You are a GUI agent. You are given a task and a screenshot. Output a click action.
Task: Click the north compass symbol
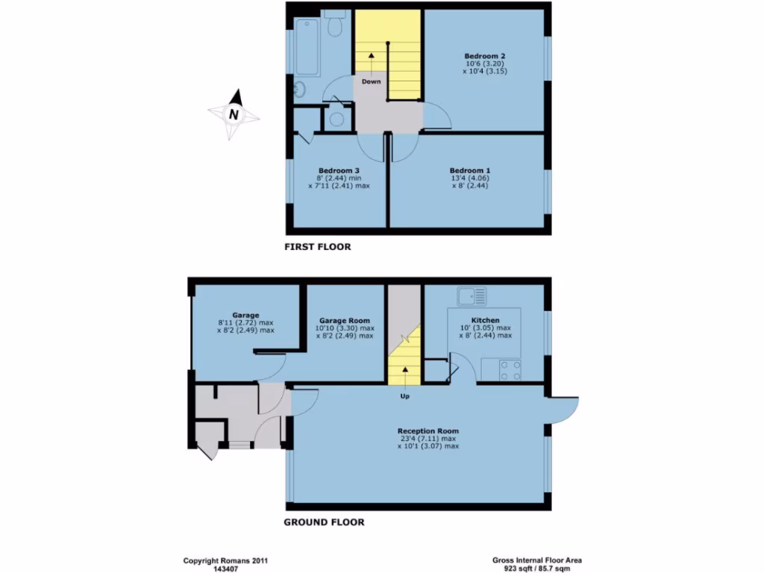(234, 114)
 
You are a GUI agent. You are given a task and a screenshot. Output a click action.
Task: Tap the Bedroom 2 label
(485, 57)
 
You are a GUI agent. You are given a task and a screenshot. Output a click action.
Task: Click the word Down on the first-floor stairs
(371, 81)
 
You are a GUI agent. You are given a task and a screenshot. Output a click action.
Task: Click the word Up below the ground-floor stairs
(404, 395)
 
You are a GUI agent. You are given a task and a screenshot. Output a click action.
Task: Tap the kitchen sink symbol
(472, 295)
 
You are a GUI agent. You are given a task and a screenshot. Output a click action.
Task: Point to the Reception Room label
(428, 431)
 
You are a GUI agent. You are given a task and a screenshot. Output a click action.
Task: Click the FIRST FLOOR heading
(317, 246)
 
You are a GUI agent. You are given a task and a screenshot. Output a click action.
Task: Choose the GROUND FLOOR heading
(324, 522)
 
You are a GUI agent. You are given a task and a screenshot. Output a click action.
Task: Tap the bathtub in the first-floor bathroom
(307, 48)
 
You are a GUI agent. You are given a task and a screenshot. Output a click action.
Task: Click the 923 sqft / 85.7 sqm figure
(537, 567)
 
